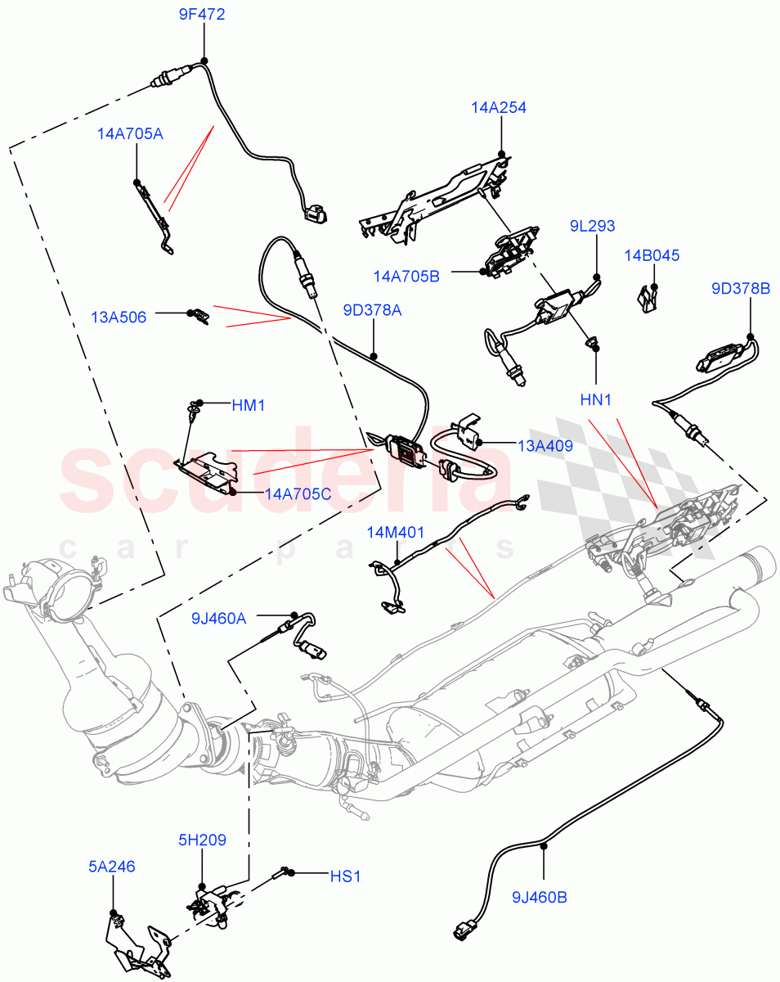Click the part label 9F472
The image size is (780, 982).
point(202,15)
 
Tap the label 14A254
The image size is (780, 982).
point(498,107)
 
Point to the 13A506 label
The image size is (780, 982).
point(119,318)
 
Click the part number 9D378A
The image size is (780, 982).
point(372,311)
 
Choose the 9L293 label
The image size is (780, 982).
point(593,227)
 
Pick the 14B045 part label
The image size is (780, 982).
point(651,255)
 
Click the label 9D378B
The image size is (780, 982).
point(740,288)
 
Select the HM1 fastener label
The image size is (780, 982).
point(249,405)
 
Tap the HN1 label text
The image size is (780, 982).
point(595,400)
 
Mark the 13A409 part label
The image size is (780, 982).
point(545,446)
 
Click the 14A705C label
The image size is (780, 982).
point(298,494)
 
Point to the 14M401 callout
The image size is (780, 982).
point(395,533)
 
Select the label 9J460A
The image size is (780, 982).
point(218,618)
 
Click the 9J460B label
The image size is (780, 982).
point(539,898)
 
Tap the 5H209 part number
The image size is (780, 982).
point(203,840)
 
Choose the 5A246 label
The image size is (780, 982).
point(112,866)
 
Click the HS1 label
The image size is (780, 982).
point(344,876)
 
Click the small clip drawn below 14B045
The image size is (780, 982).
point(648,298)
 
